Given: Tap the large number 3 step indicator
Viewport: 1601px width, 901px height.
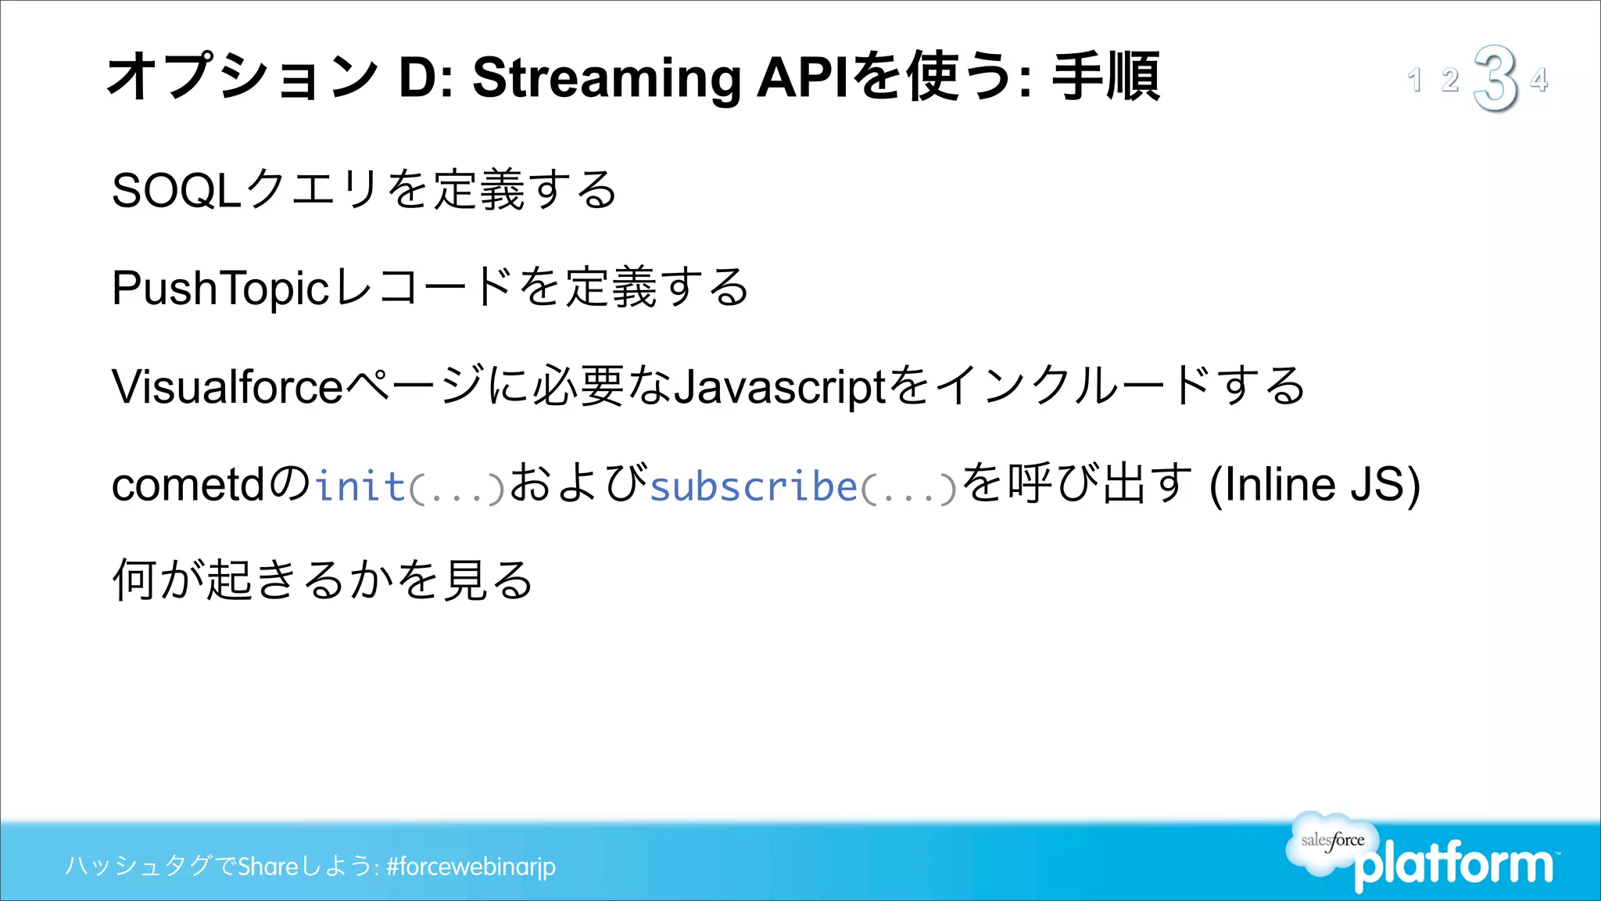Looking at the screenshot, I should tap(1495, 78).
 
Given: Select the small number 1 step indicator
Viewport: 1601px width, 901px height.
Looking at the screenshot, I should tap(1414, 80).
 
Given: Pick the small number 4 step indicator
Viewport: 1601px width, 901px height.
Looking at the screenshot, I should tap(1539, 80).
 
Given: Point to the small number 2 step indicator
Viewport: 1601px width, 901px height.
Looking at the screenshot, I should tap(1450, 80).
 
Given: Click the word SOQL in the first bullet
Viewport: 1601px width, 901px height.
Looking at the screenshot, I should tap(176, 190).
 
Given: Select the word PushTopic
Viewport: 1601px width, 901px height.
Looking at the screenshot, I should tap(220, 288).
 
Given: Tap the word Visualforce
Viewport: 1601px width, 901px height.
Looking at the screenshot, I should tap(227, 386).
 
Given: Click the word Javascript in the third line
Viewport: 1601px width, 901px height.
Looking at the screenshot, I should tap(779, 386).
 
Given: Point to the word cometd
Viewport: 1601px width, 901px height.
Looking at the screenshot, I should tap(188, 485).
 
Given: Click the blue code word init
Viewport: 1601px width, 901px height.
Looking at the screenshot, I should tap(360, 486).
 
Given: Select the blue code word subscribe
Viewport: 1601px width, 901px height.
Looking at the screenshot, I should tap(754, 486).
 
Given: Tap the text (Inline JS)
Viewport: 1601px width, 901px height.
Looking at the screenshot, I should tap(1314, 485).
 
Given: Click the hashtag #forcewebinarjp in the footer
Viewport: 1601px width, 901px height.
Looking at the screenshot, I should tap(471, 867).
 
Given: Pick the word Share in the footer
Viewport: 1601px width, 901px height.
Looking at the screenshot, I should tap(268, 867).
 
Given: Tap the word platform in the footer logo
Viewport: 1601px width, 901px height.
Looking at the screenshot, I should tap(1454, 865).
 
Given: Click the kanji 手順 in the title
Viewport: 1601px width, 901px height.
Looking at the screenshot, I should tap(1106, 77).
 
